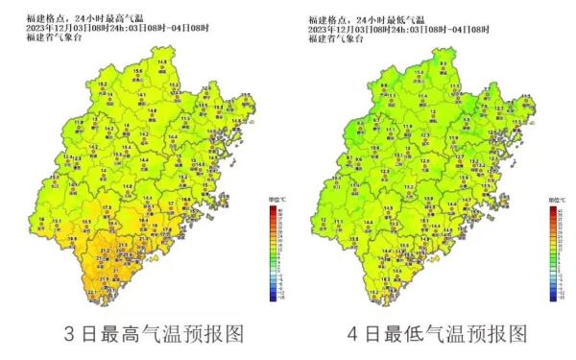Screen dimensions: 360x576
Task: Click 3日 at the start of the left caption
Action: click(x=75, y=335)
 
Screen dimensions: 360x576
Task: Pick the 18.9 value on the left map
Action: click(x=88, y=222)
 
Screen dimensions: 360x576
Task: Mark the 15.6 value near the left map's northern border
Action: click(x=137, y=71)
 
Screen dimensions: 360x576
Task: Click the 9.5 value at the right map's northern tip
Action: click(x=443, y=61)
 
